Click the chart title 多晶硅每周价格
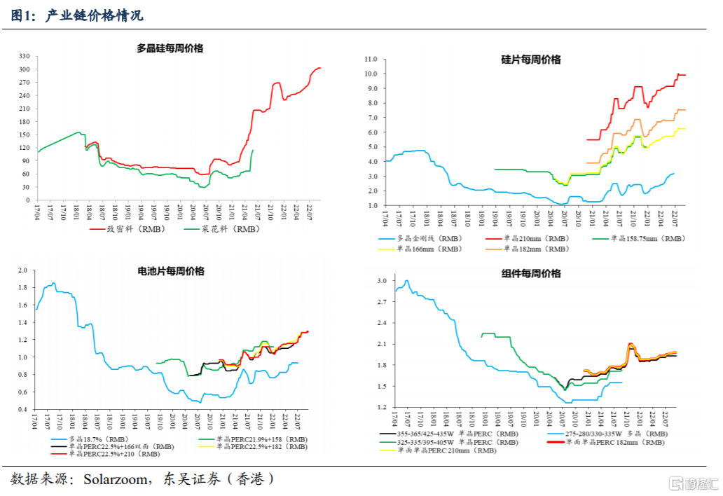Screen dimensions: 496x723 coord(170,48)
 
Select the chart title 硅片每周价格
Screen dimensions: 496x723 coord(531,60)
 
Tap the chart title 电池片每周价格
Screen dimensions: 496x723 coord(171,271)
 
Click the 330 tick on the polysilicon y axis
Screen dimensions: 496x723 coord(24,56)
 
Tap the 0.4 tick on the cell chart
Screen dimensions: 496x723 coord(22,409)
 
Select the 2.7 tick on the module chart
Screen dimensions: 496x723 coord(382,302)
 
